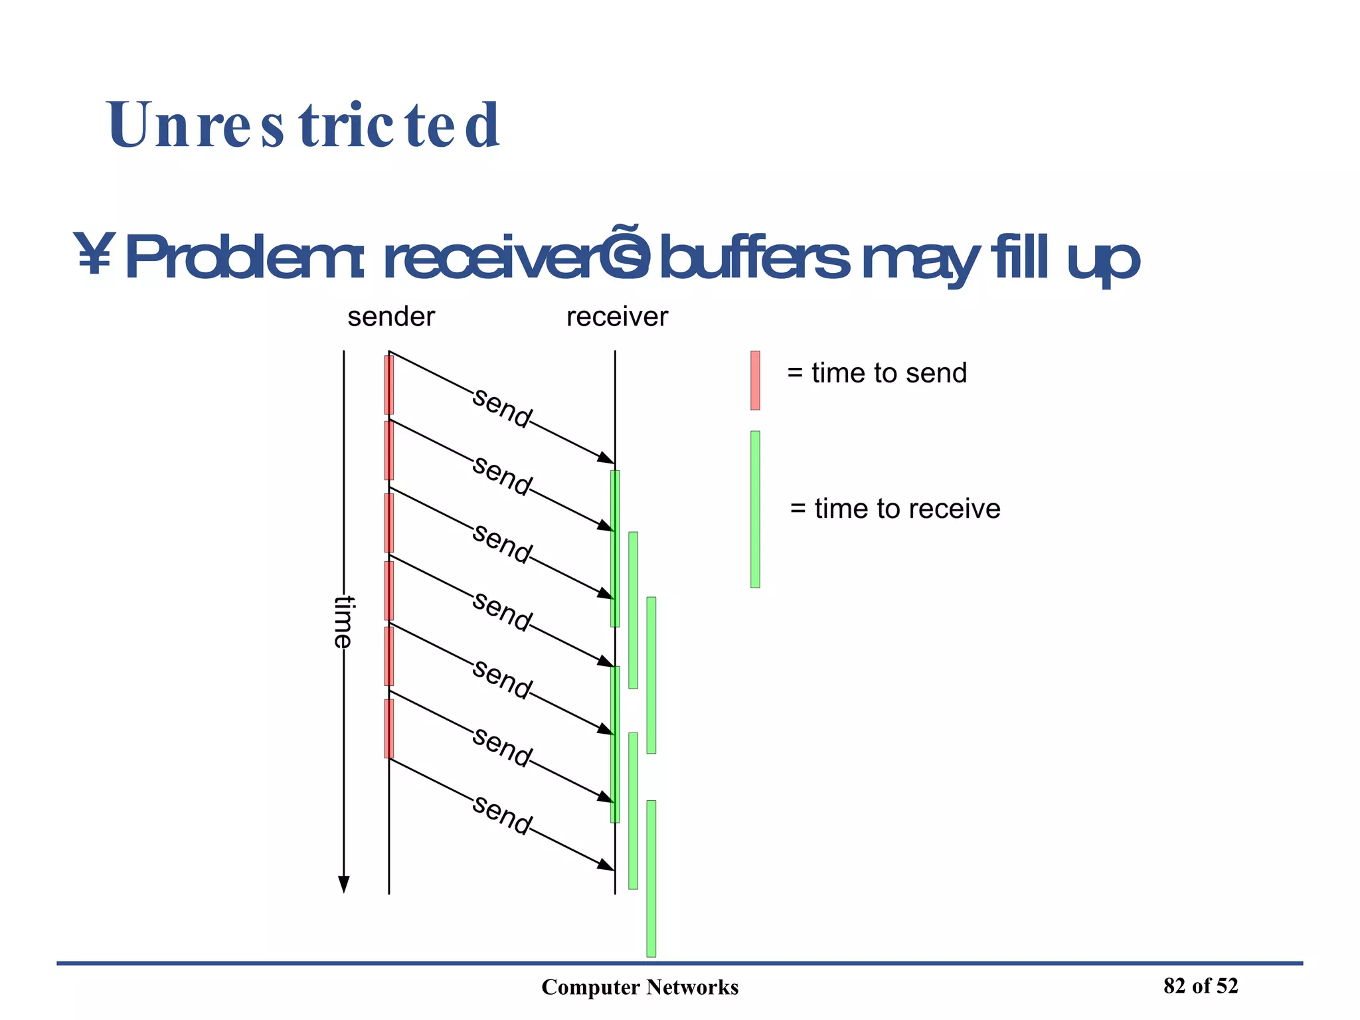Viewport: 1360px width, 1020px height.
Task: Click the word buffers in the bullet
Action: pos(753,258)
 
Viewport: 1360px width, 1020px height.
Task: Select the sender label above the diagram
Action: pos(391,317)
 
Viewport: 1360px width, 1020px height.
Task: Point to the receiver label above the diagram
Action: pos(617,317)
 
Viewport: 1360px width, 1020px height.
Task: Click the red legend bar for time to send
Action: pos(755,381)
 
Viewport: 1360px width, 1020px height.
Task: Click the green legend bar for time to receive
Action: pos(755,509)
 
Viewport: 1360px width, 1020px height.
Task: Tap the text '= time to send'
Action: pos(877,373)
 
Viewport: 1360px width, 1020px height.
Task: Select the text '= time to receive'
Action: pos(895,509)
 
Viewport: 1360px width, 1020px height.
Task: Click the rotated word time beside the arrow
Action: pos(343,622)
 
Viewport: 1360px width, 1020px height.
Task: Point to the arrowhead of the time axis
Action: pos(343,885)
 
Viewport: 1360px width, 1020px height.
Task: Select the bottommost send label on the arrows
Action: pos(502,815)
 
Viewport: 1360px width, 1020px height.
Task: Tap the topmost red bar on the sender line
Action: pos(389,385)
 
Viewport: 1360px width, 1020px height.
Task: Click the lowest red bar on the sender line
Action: pos(389,728)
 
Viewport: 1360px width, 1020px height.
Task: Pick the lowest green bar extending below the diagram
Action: pos(651,879)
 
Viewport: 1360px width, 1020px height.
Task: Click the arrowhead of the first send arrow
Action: pos(606,458)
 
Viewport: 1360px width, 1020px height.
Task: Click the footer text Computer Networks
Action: pos(639,987)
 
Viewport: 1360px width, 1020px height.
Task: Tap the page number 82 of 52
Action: pos(1201,986)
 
